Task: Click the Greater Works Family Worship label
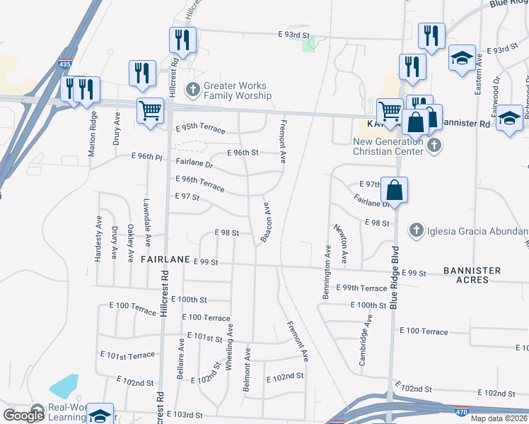tap(237, 90)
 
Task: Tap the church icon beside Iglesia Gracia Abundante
tap(417, 230)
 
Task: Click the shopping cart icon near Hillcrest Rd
tap(150, 111)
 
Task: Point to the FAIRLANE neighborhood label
tap(165, 259)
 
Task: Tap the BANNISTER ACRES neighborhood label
tap(472, 275)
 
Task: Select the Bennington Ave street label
tap(327, 271)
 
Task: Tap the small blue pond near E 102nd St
tap(64, 386)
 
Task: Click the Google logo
tap(23, 416)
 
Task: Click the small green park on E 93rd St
tap(308, 45)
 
